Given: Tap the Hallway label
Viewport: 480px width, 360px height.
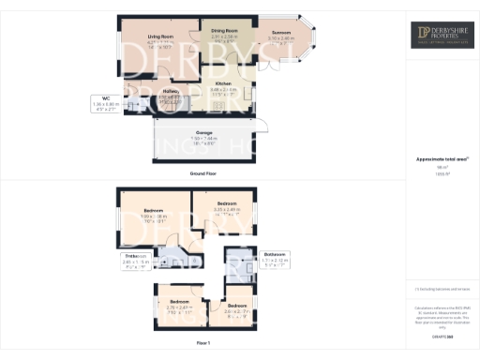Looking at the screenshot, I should click(x=169, y=90).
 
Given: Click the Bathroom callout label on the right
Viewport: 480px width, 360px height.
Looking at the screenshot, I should click(x=274, y=253).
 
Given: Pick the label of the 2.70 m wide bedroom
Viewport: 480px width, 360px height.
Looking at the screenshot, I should click(x=178, y=302).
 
